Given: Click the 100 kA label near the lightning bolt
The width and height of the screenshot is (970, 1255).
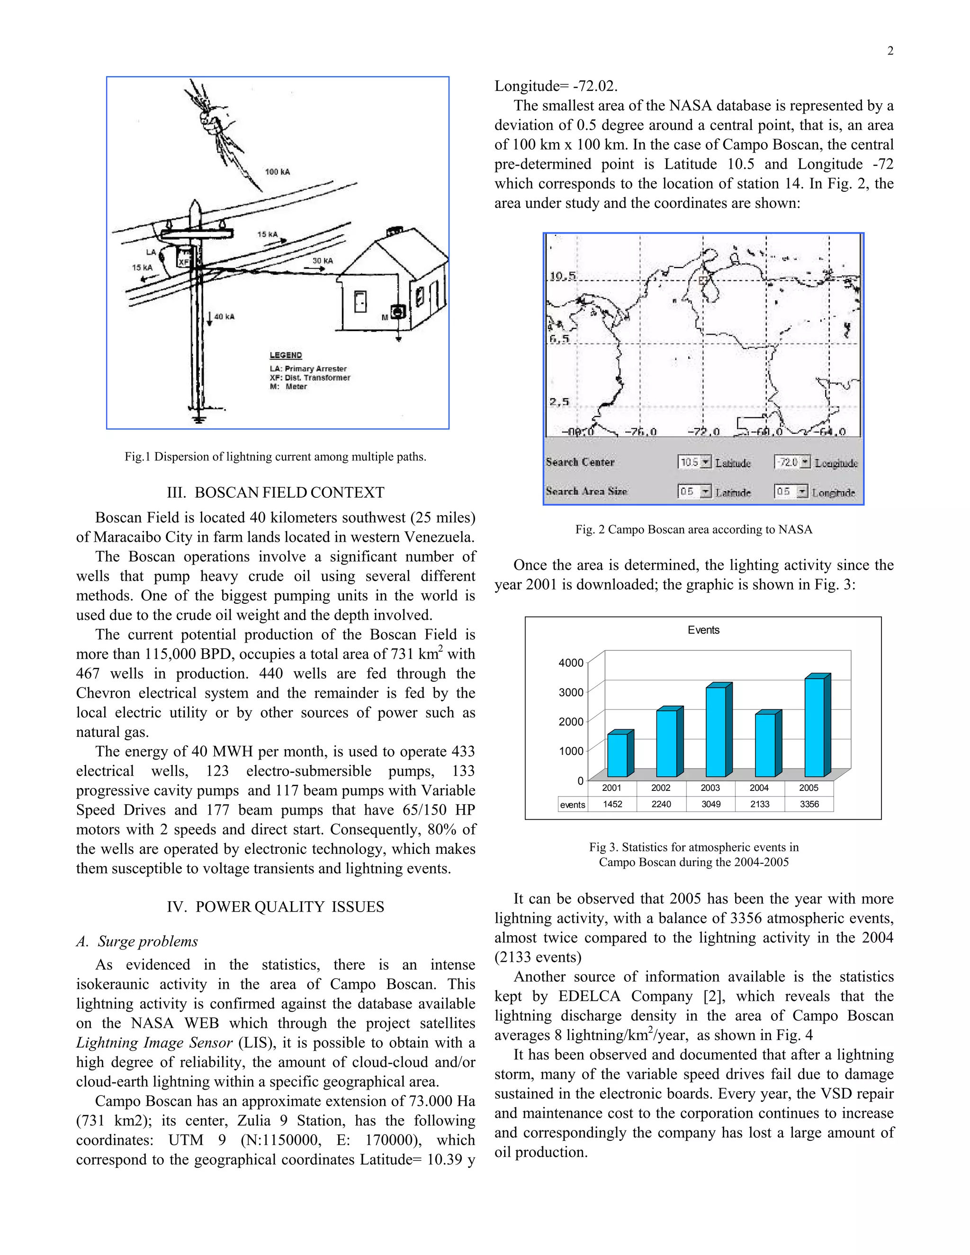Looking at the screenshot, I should pos(277,172).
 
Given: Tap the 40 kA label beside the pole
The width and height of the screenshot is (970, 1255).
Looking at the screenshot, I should pos(224,317).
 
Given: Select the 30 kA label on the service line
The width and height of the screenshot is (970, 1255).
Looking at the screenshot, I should pos(323,261).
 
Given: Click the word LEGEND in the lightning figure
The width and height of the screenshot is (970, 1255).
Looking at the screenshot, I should pos(286,355).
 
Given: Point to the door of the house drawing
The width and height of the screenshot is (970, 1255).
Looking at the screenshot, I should pos(360,301).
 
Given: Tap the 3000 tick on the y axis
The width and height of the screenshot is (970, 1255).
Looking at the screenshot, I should pos(571,692).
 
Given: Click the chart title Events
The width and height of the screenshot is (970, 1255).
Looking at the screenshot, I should pos(703,630).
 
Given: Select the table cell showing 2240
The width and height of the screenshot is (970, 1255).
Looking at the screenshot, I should pos(661,804).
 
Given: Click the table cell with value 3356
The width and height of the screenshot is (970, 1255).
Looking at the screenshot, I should pos(809,804).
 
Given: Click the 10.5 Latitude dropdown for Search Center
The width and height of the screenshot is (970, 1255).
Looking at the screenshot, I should pos(695,462).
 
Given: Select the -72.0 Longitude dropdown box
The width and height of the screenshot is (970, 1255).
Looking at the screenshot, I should pos(792,462).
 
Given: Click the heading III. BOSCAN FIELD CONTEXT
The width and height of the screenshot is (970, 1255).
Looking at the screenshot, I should pos(275,493).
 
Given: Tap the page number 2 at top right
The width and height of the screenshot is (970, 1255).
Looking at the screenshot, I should pos(890,51).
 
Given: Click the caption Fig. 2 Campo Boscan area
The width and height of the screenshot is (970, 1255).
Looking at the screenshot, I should pos(693,529).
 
